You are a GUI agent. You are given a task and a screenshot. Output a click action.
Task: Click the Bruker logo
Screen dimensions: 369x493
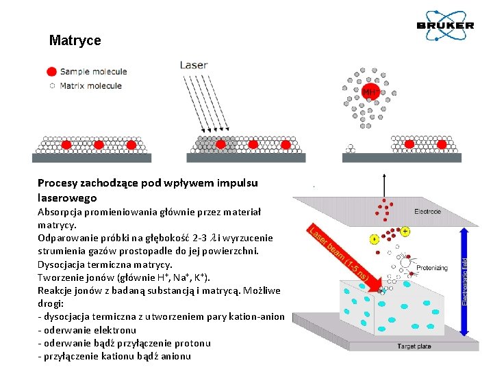[x=446, y=25]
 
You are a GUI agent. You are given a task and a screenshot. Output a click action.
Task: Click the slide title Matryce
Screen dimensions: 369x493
[x=75, y=40]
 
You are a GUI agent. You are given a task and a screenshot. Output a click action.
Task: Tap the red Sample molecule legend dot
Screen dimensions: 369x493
[x=51, y=71]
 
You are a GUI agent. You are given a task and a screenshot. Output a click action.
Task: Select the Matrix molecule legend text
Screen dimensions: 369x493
[x=90, y=85]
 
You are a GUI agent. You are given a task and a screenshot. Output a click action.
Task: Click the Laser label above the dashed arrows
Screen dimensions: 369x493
[x=194, y=65]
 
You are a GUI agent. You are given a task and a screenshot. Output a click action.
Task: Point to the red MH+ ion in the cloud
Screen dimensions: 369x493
[x=370, y=92]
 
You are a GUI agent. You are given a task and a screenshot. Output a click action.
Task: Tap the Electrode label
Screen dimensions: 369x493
[x=427, y=212]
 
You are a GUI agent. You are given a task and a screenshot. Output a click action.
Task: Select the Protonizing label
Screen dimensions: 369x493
[x=432, y=268]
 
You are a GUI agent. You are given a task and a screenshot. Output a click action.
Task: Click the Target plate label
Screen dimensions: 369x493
[x=414, y=346]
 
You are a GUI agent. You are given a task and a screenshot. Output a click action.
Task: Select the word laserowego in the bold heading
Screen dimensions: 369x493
[x=67, y=197]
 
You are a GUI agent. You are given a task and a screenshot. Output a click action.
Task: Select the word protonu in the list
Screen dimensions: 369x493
[x=190, y=343]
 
